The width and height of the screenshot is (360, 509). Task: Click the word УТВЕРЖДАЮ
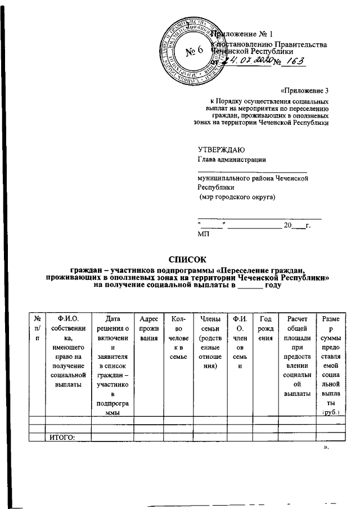(x=220, y=149)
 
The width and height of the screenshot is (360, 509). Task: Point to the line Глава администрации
(x=231, y=159)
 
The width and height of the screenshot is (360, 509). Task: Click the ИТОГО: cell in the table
(x=62, y=438)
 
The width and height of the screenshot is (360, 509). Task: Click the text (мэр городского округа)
(x=237, y=197)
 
